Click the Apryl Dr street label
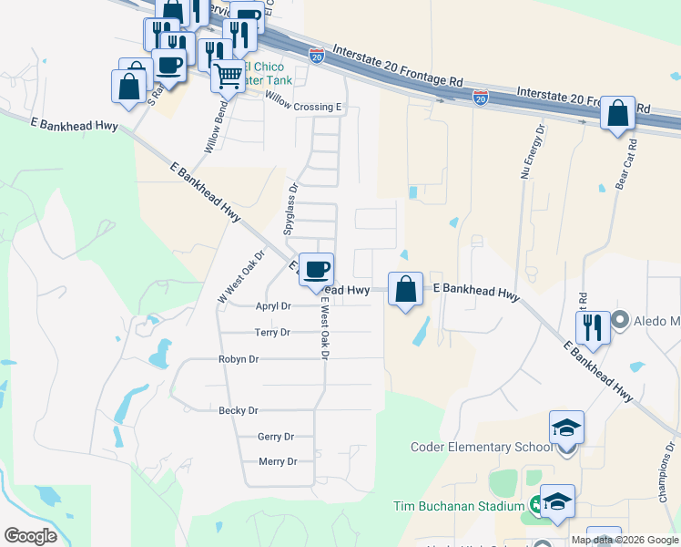(273, 306)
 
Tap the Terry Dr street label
(272, 333)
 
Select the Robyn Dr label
(239, 359)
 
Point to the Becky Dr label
(239, 411)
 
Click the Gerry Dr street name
(276, 437)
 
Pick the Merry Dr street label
(278, 462)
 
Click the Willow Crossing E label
(303, 107)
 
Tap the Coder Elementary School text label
(469, 447)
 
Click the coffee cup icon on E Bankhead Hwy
(317, 270)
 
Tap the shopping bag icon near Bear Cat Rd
(617, 115)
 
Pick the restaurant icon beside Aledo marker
(593, 326)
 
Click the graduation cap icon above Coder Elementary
(566, 428)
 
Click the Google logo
(31, 535)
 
